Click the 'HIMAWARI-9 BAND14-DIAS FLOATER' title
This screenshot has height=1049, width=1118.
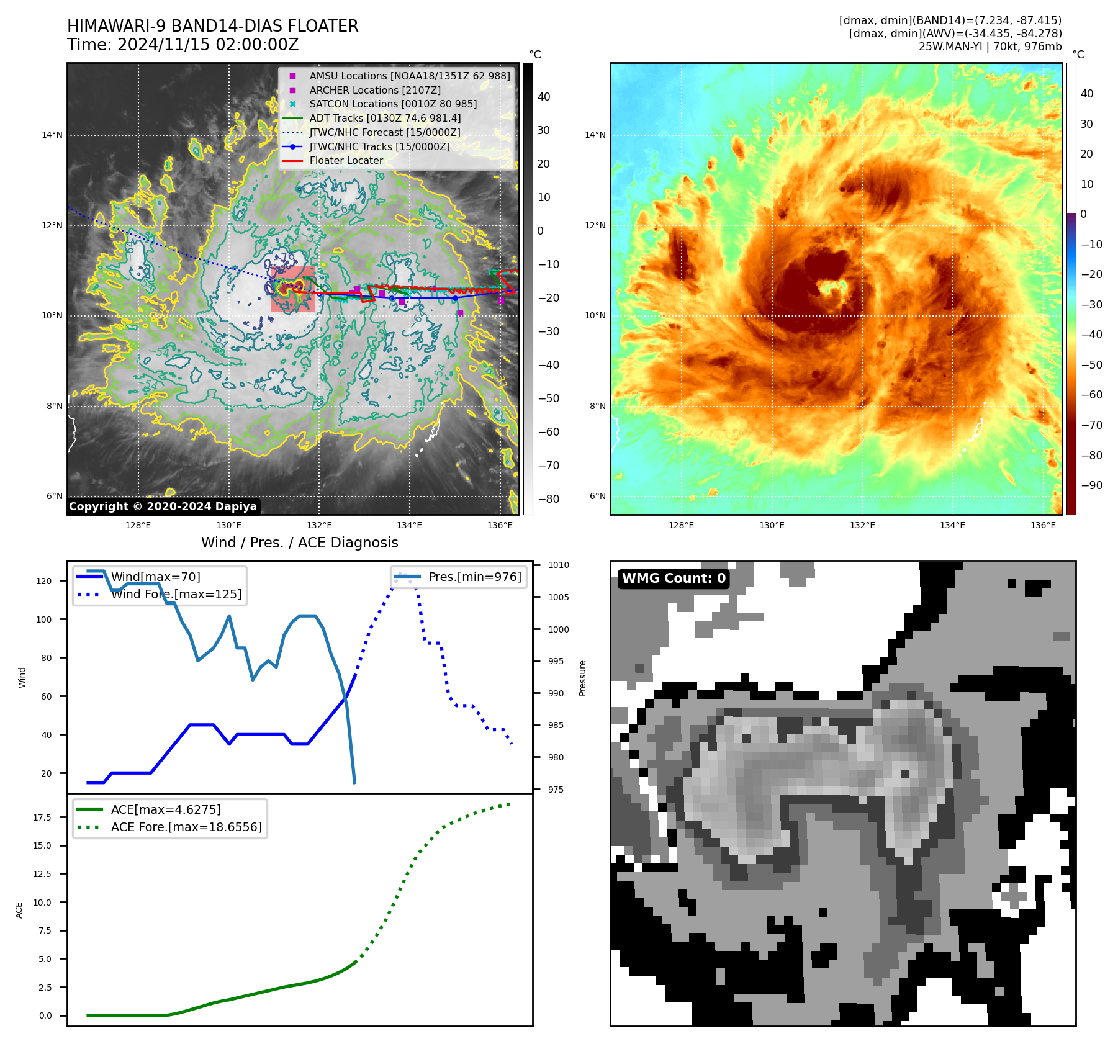[x=212, y=26]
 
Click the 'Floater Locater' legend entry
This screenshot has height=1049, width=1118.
[x=346, y=160]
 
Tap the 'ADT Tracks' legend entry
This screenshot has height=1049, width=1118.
[x=385, y=118]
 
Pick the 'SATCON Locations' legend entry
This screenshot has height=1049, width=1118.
[x=393, y=104]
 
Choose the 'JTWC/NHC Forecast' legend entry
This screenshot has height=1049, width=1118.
[x=385, y=132]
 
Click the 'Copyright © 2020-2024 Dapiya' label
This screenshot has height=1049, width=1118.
[x=163, y=506]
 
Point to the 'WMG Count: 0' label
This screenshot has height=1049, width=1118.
[x=674, y=579]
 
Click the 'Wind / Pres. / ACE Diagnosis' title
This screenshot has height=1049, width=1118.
[x=299, y=543]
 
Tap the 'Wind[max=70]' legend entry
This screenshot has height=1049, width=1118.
[x=155, y=577]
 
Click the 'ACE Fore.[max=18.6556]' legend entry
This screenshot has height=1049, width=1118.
[x=186, y=827]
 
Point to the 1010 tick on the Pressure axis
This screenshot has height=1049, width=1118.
[x=558, y=565]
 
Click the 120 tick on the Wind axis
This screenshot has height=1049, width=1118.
[x=44, y=581]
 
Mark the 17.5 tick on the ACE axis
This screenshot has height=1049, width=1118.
[x=42, y=817]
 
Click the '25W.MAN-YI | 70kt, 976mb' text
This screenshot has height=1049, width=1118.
[x=990, y=47]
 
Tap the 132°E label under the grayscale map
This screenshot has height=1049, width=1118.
[x=319, y=525]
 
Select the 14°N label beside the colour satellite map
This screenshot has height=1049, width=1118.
[x=595, y=135]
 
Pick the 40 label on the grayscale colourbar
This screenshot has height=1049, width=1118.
[x=544, y=97]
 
